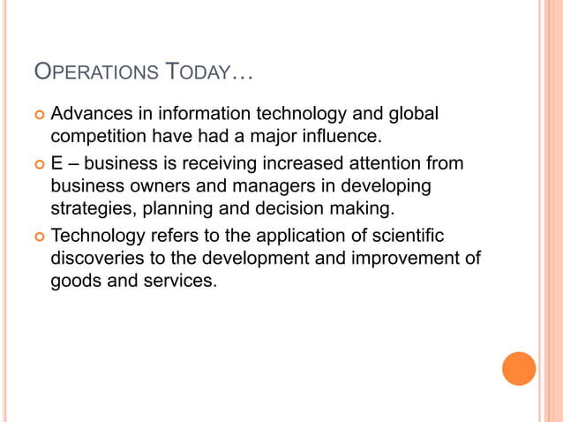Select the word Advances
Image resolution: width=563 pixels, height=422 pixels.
[x=93, y=115]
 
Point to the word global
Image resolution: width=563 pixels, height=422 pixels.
[x=415, y=115]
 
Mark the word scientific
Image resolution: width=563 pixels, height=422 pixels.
[x=402, y=237]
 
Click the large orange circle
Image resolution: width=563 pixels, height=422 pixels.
[x=519, y=368]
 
